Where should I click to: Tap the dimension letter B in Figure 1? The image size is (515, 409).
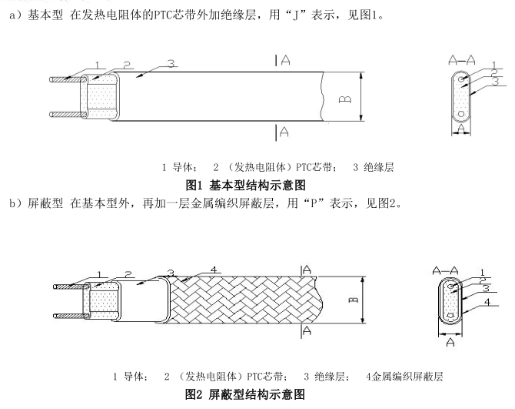pos(347,98)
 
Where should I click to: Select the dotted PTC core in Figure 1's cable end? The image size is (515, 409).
pos(98,97)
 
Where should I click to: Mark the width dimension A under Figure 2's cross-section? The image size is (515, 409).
pos(448,344)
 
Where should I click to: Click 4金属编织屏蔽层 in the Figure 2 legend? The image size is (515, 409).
pos(404,377)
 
